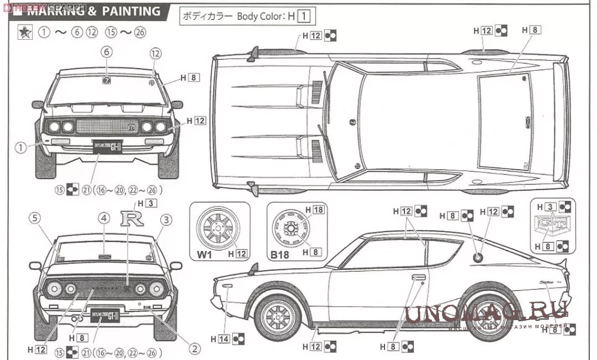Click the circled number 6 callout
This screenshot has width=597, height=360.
(x=107, y=52)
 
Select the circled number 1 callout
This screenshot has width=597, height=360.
(x=20, y=148)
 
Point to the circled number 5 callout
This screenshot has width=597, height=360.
(x=35, y=218)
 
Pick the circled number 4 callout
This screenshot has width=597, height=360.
(x=104, y=219)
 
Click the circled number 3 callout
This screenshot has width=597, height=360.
(x=166, y=220)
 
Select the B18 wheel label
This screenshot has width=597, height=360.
(x=279, y=254)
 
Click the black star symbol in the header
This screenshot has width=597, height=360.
(x=25, y=33)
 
